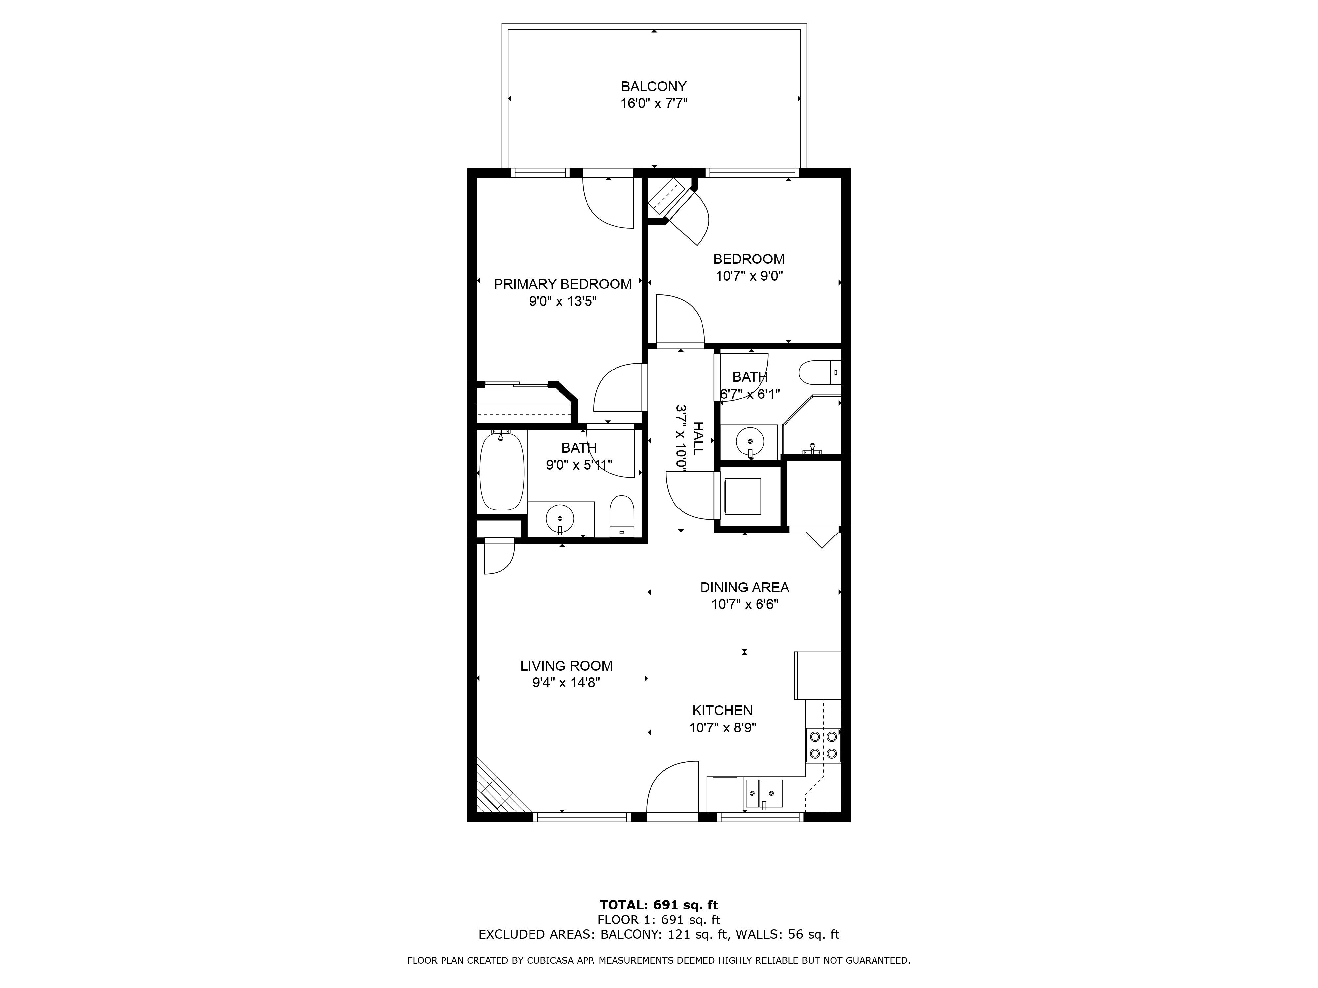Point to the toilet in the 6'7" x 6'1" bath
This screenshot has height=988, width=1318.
[x=819, y=372]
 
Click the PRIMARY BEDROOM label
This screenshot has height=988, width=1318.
[x=562, y=284]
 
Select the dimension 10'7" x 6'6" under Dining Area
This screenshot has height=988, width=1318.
[x=744, y=604]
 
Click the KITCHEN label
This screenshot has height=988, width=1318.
[x=722, y=710]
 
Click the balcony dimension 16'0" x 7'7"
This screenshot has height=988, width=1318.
[x=654, y=104]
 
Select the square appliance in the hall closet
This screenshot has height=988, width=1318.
[x=742, y=496]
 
